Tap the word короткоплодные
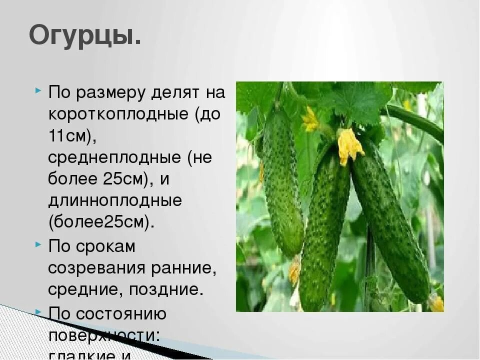coord(119,114)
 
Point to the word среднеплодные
coord(115,158)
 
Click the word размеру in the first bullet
coord(117,93)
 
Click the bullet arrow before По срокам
coord(38,245)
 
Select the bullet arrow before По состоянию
coord(38,311)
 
